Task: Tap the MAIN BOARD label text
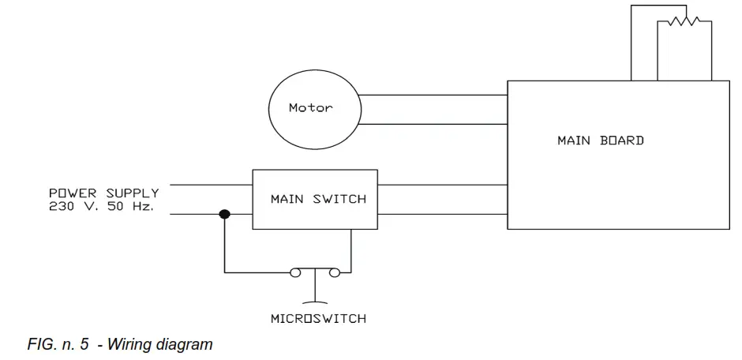pos(600,141)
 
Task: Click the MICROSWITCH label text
pos(318,319)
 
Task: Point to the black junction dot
pos(224,214)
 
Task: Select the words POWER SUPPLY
pos(103,193)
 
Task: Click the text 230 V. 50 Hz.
pos(101,206)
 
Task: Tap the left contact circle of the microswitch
pos(295,273)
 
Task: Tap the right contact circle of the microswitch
pos(335,273)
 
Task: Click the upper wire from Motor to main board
pos(433,96)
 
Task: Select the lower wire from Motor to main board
pos(433,124)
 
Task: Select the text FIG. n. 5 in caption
pos(58,344)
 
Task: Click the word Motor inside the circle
pos(311,108)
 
